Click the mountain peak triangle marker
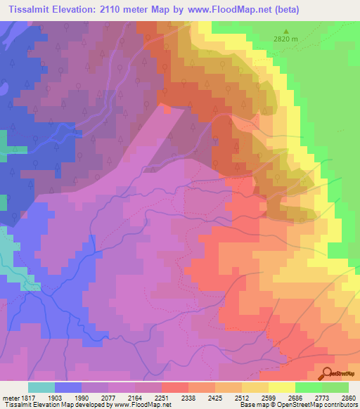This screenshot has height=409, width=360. (286, 31)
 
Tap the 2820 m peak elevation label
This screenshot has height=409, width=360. (286, 40)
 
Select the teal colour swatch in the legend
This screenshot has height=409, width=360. (41, 388)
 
